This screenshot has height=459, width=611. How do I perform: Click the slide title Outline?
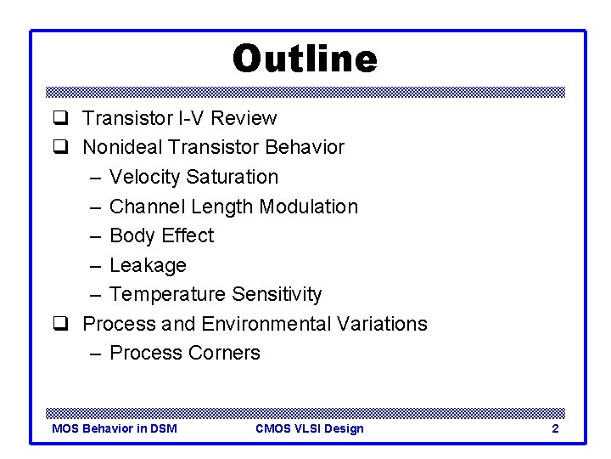pyautogui.click(x=305, y=59)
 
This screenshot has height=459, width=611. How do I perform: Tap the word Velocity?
pyautogui.click(x=145, y=177)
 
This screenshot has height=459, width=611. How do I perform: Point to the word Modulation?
pyautogui.click(x=309, y=207)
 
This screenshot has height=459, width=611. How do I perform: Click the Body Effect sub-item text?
pyautogui.click(x=161, y=235)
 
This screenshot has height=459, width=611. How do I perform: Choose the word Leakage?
pyautogui.click(x=148, y=265)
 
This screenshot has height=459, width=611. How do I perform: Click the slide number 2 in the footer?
pyautogui.click(x=555, y=428)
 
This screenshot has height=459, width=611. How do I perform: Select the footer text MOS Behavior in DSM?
pyautogui.click(x=115, y=428)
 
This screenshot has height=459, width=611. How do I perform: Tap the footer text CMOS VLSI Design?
pyautogui.click(x=310, y=428)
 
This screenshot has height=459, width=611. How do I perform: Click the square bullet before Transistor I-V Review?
pyautogui.click(x=60, y=118)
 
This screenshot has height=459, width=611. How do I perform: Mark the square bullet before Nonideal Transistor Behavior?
pyautogui.click(x=60, y=148)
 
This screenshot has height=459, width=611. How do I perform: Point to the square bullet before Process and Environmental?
pyautogui.click(x=60, y=324)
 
